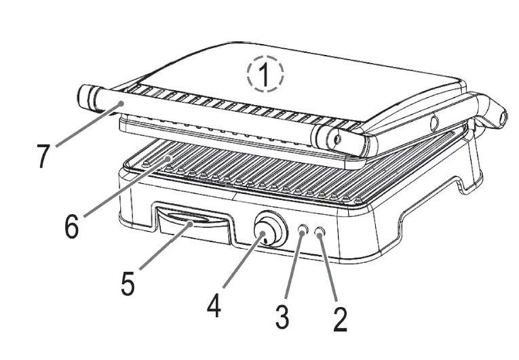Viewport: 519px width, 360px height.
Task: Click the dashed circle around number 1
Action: pos(265,74)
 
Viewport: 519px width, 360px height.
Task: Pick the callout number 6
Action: pos(71,226)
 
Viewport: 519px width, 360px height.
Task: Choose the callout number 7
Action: pos(43,156)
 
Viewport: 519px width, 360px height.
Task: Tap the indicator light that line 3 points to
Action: pos(303,232)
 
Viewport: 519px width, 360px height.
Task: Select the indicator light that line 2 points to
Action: pos(320,232)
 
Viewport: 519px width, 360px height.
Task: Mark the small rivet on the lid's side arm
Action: pos(432,123)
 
